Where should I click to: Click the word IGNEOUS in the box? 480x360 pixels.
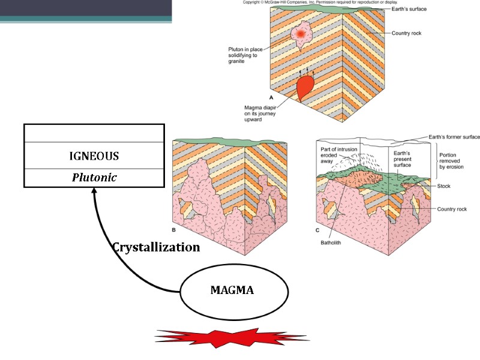[x=94, y=156]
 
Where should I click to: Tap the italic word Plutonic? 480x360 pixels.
[x=94, y=178]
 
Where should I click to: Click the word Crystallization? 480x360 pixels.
[x=156, y=247]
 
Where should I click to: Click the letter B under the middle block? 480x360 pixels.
[x=173, y=230]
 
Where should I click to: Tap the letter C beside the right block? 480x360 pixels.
[x=317, y=230]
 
